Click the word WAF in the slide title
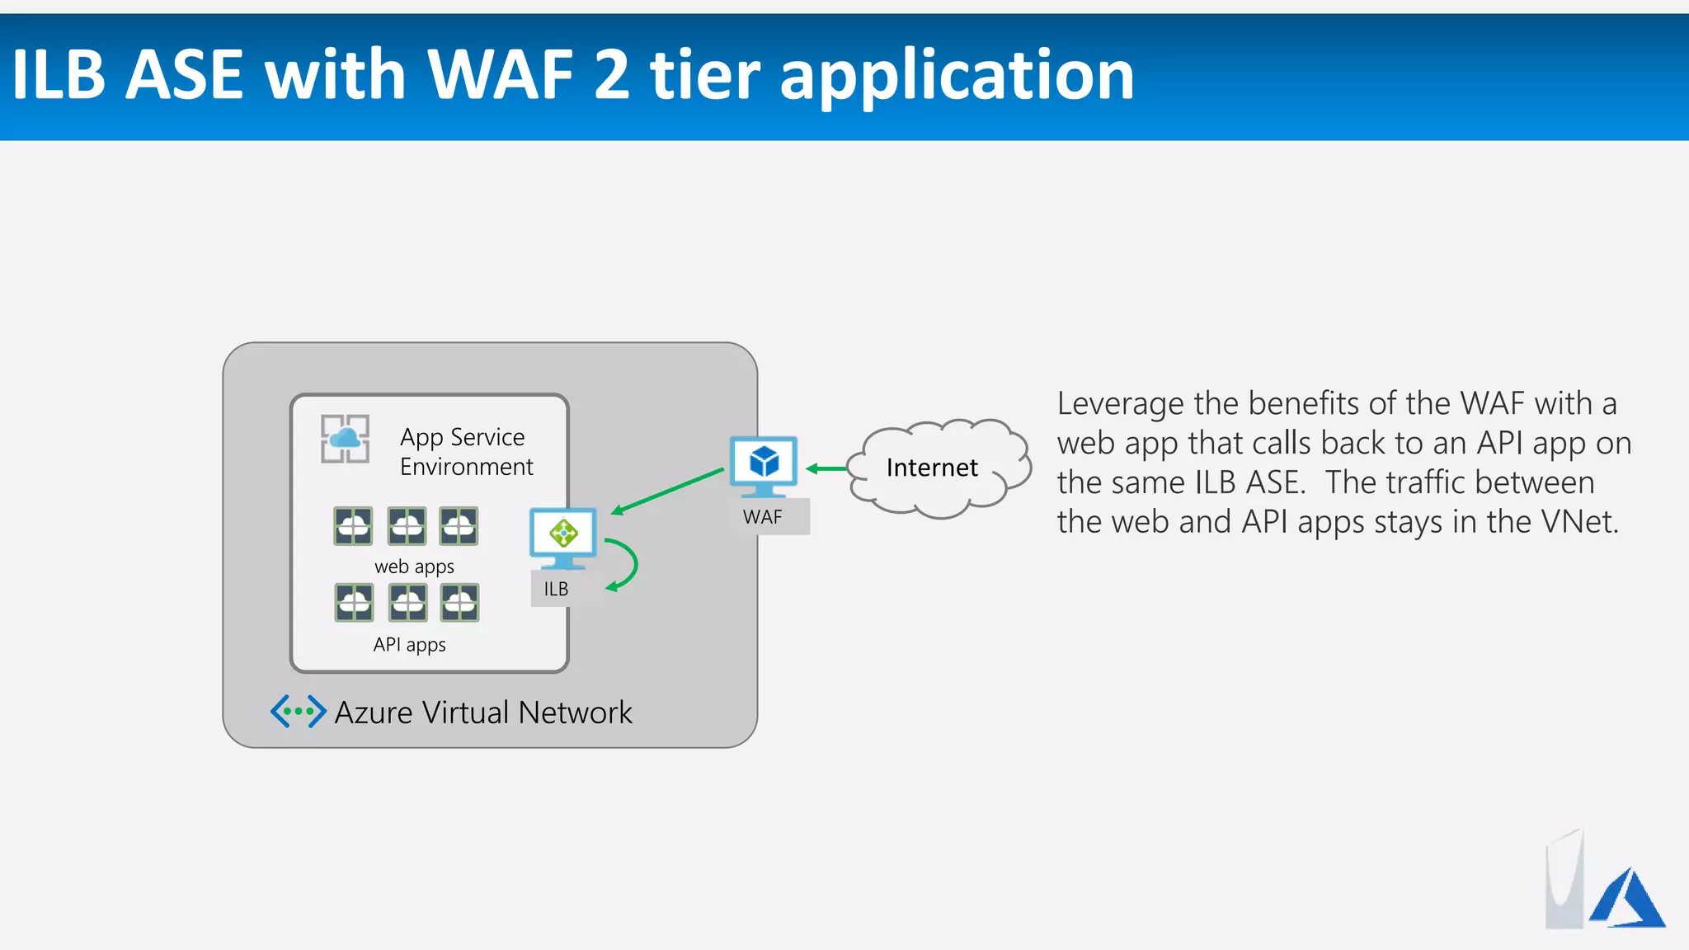click(x=501, y=75)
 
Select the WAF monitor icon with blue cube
click(x=764, y=465)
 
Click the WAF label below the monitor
click(x=763, y=518)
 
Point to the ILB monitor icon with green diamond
click(x=563, y=537)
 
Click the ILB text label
click(x=556, y=589)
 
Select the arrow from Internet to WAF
click(x=826, y=468)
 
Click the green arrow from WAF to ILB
click(x=667, y=491)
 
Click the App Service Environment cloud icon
click(x=345, y=439)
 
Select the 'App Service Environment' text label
click(x=466, y=452)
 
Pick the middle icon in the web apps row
click(x=407, y=526)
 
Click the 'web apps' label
click(x=414, y=567)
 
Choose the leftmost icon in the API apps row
click(x=354, y=603)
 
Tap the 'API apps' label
click(x=409, y=644)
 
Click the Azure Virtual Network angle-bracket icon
click(x=298, y=711)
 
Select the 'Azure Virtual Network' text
click(x=483, y=712)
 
